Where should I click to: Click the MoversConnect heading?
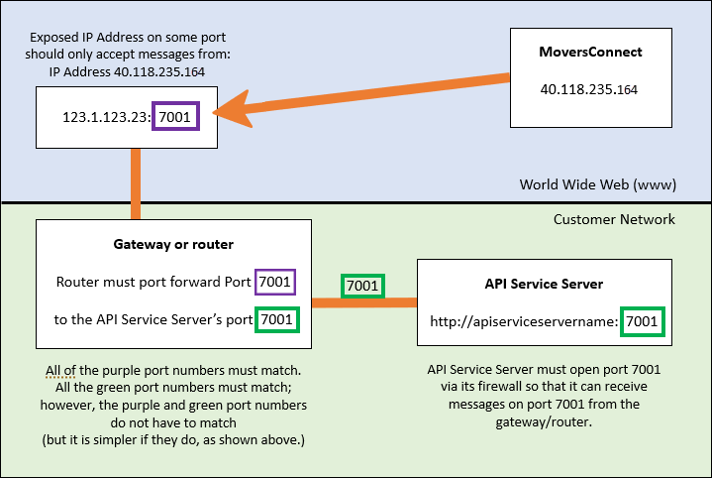point(591,52)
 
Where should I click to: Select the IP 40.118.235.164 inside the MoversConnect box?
point(590,89)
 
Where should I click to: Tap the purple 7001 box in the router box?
point(274,283)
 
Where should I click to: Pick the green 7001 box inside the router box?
point(274,320)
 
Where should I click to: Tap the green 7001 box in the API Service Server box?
point(641,321)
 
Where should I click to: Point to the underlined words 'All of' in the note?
point(59,371)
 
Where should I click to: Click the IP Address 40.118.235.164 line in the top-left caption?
point(125,71)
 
